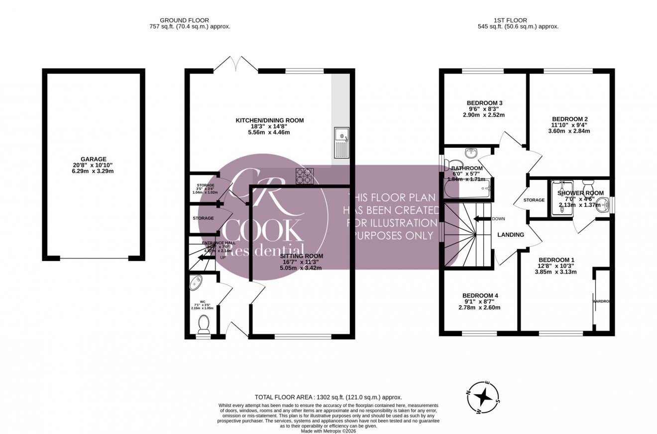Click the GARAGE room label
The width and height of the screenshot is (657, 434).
click(x=94, y=159)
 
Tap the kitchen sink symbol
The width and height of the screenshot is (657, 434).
click(x=342, y=143)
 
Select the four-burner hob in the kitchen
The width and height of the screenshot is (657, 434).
click(x=305, y=176)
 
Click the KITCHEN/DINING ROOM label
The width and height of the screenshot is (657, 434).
click(x=269, y=120)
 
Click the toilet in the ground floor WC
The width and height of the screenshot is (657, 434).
click(x=204, y=324)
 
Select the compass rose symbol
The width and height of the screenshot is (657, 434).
click(x=482, y=397)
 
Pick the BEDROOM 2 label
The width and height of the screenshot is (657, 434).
click(x=568, y=119)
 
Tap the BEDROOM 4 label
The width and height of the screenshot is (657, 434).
click(x=480, y=295)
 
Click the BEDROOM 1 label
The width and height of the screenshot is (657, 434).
click(x=556, y=260)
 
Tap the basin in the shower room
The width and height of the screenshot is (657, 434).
click(x=603, y=203)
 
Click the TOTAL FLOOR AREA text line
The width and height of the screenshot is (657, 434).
click(x=328, y=397)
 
